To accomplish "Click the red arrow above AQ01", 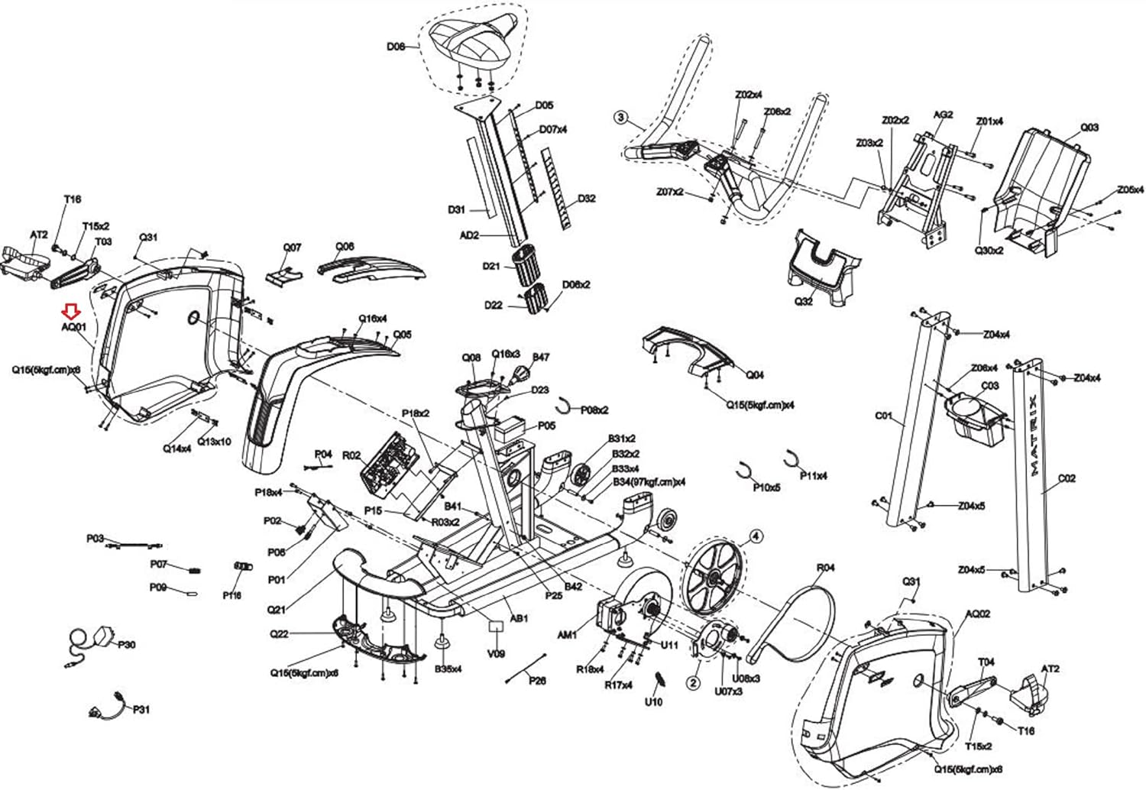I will [71, 311].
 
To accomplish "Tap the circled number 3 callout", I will [621, 118].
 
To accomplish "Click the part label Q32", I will [804, 301].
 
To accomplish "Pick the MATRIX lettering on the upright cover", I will [1033, 435].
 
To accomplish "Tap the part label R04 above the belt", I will [826, 568].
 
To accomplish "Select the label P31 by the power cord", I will [141, 709].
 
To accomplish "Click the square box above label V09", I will [497, 626].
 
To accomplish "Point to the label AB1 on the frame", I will [519, 618].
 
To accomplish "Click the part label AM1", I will [567, 634].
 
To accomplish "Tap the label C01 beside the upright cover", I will [883, 416].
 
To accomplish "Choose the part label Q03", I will [1089, 127].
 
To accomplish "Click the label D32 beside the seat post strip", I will [586, 199].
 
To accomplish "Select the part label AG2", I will [943, 115].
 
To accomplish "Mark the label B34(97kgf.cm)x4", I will [649, 482].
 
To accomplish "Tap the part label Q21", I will [277, 610].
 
